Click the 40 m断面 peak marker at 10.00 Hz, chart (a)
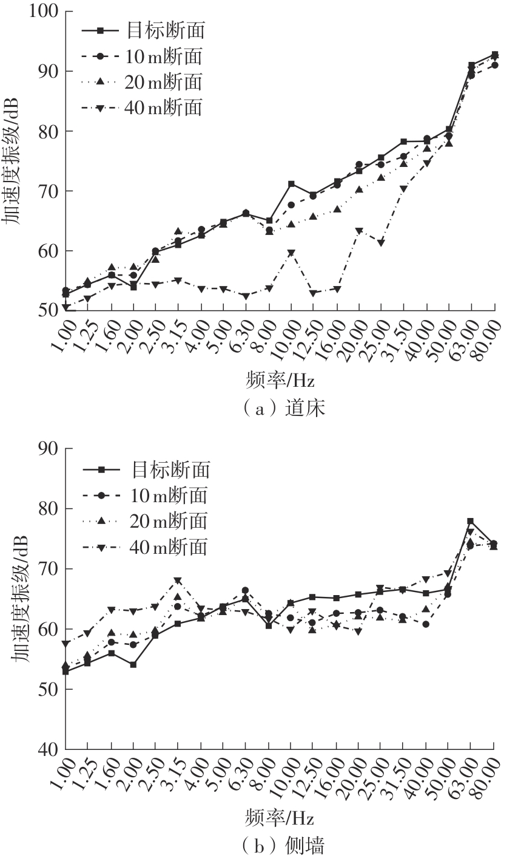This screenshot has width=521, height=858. pos(291,253)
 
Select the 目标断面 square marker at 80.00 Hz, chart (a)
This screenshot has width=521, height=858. pos(495,55)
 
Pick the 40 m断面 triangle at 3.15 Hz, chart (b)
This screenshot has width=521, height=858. pos(178,581)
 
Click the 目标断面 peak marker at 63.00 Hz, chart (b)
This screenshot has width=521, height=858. pos(470,521)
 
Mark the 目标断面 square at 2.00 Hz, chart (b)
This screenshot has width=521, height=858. pos(133,664)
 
